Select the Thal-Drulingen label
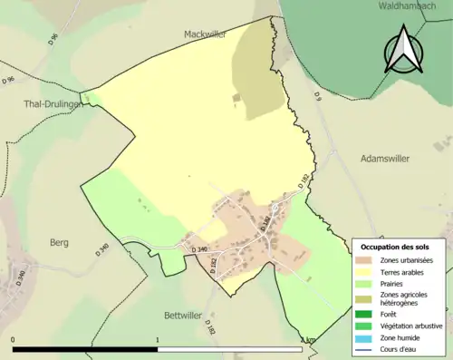(x=52, y=103)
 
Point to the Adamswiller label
(x=386, y=158)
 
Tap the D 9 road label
(x=318, y=95)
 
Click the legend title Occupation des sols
(x=395, y=247)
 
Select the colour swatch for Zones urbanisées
(x=362, y=260)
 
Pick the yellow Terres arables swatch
(x=362, y=272)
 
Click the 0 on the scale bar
(x=13, y=340)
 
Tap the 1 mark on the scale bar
(x=159, y=340)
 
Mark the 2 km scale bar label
(x=308, y=340)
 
